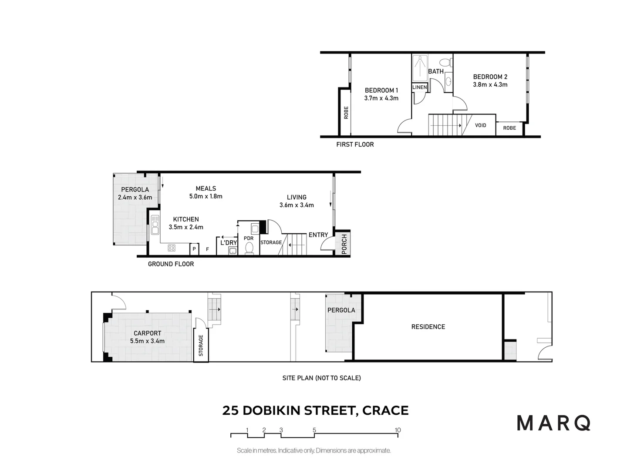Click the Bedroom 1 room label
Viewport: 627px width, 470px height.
381,91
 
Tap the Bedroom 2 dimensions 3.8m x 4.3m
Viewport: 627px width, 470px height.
490,85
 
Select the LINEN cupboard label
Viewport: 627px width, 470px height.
420,87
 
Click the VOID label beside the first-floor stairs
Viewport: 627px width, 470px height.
480,125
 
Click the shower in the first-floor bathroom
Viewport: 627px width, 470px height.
420,68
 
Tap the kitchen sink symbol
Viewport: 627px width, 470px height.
155,225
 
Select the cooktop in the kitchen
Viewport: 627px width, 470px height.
172,248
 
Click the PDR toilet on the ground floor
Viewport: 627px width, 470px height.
249,248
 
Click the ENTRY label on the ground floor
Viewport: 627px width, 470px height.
318,235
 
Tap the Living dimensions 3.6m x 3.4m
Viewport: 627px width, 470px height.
296,205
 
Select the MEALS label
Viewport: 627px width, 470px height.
206,188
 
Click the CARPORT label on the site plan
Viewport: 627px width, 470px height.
147,333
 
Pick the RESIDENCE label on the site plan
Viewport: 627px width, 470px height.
428,327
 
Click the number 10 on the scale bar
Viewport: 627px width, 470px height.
397,430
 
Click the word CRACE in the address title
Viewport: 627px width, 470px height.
385,410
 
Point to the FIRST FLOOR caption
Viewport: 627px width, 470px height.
355,144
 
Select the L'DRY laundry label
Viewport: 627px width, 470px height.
228,242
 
